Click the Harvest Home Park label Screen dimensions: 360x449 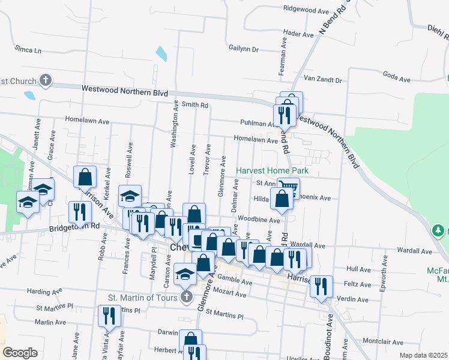[272, 171]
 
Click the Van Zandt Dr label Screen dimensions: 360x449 [322, 80]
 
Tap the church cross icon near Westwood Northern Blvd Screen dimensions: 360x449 [46, 80]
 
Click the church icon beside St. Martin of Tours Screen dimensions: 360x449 [186, 297]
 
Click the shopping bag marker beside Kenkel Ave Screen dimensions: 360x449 [85, 176]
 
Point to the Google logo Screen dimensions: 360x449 [20, 353]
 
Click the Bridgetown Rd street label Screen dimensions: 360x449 [75, 226]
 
